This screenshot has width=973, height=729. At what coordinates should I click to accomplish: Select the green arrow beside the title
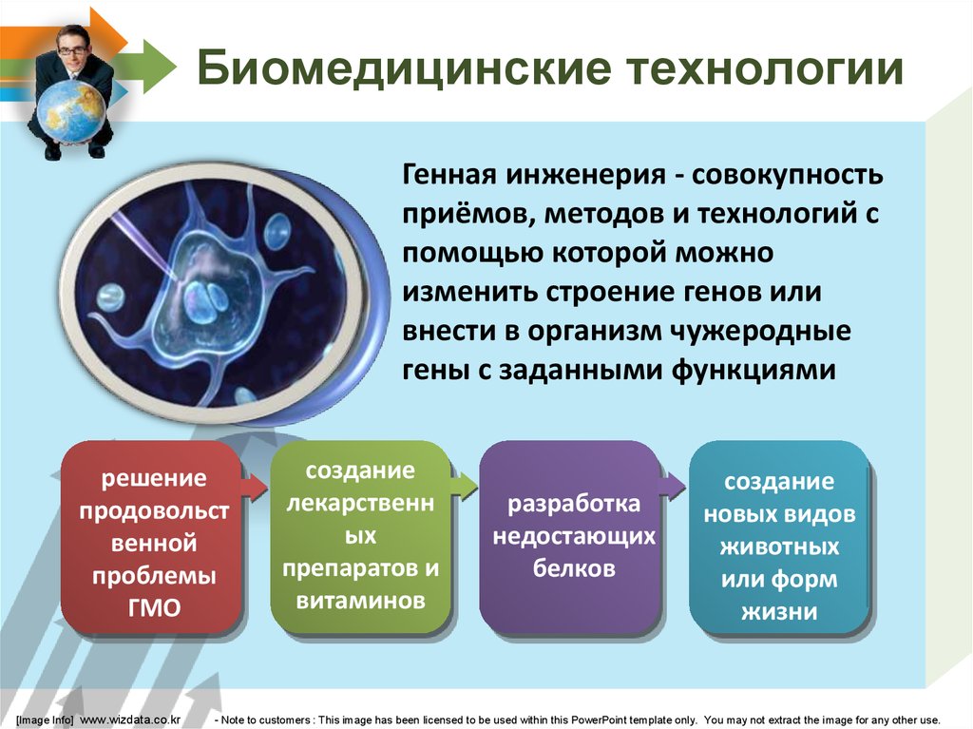146,67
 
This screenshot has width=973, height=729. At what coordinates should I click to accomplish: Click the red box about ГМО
151,537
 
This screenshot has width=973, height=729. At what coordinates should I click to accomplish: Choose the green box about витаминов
360,537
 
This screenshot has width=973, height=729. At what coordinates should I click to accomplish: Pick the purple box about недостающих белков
570,537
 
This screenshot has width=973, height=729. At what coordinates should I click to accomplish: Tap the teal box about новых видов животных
779,537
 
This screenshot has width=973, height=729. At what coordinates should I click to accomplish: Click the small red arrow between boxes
255,486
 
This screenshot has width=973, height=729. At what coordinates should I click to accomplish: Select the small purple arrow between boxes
673,486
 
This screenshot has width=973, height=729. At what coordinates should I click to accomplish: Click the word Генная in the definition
449,175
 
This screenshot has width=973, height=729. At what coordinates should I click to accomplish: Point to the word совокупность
787,176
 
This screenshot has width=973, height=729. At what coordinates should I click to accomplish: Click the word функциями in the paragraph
754,371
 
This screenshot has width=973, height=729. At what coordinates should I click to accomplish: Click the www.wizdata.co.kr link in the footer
130,719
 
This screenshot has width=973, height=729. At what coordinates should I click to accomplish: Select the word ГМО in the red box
154,608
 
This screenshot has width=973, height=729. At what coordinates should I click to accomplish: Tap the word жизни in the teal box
779,612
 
